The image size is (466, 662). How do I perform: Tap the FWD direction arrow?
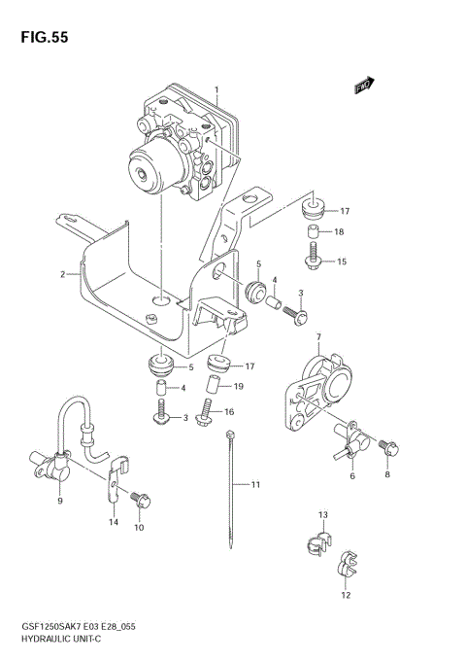[365, 88]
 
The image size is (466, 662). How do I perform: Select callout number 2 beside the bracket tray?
[62, 274]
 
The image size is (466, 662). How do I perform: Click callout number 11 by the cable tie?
[256, 483]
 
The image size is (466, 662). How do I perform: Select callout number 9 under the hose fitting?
[60, 501]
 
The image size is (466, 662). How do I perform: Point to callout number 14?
[113, 522]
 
